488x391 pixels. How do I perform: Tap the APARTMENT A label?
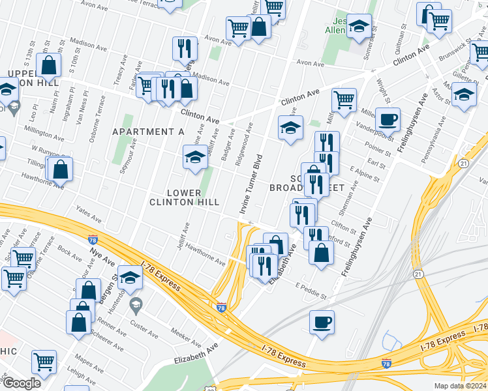coord(148,132)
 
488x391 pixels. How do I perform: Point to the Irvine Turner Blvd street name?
coord(252,185)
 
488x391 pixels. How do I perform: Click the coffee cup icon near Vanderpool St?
coord(388,119)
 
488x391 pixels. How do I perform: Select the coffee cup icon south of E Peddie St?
coord(321,321)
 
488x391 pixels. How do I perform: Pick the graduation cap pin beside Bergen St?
coord(130,278)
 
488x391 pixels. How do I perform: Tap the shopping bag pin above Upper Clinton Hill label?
coord(49,65)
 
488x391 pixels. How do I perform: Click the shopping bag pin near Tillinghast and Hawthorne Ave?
coord(60,169)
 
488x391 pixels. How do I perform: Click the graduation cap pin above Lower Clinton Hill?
coord(194,157)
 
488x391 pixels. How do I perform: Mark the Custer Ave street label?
coord(144,328)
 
